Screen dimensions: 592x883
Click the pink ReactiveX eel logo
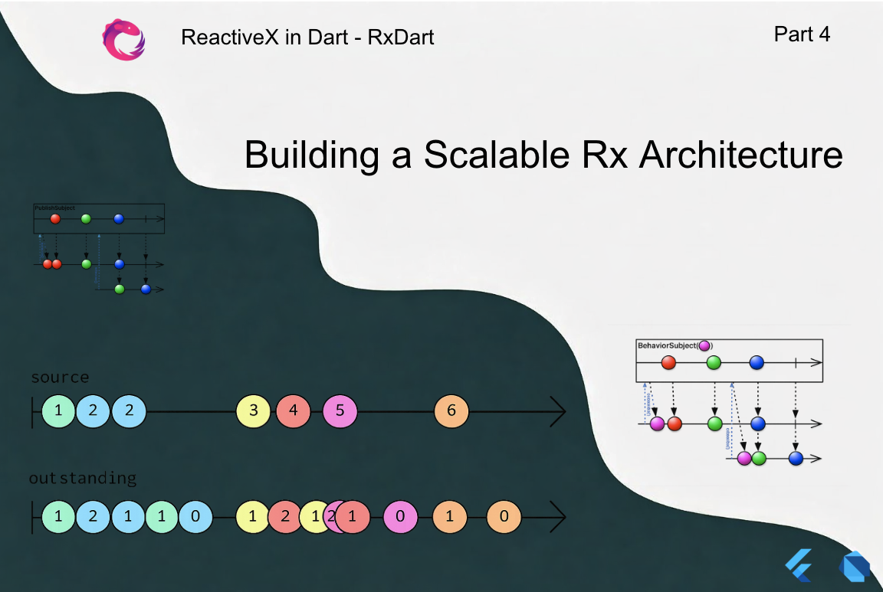click(x=123, y=39)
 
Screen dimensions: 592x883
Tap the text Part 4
click(x=802, y=34)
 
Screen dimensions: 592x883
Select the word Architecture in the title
click(x=740, y=155)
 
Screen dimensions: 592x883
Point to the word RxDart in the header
click(x=401, y=37)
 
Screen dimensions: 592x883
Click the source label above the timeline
click(x=60, y=378)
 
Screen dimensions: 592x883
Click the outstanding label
click(x=83, y=479)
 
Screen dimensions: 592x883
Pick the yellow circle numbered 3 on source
click(x=254, y=411)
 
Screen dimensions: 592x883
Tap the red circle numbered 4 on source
click(x=293, y=411)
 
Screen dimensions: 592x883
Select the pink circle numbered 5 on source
click(x=340, y=411)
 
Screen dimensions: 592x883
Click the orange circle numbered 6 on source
click(x=451, y=411)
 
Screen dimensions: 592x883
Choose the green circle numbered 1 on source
click(x=59, y=411)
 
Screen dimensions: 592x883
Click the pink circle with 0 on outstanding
click(x=400, y=516)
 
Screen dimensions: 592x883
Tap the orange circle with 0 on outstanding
click(x=504, y=516)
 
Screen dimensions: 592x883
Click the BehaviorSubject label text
click(x=667, y=345)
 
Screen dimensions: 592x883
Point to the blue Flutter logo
click(x=797, y=566)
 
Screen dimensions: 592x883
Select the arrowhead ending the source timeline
click(x=559, y=411)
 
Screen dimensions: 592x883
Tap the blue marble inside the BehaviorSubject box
click(x=757, y=363)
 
